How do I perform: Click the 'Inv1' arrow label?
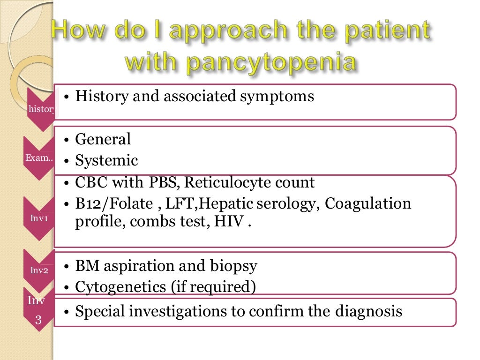click(x=37, y=217)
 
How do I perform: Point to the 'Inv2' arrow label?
click(x=37, y=270)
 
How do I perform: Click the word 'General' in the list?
click(x=103, y=139)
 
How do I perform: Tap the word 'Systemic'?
click(x=107, y=161)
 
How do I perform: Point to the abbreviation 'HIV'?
click(x=229, y=222)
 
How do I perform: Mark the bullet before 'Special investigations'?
click(x=67, y=312)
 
